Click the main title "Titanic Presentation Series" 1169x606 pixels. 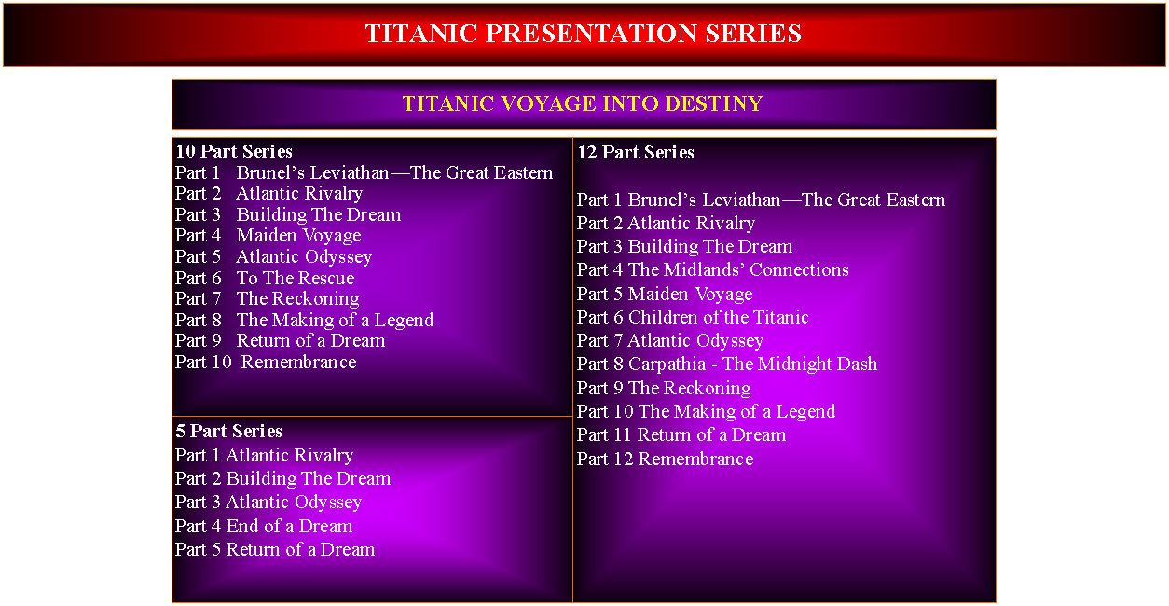[x=583, y=34]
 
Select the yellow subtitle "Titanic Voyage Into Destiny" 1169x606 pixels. [x=583, y=103]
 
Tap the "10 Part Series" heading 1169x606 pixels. [x=234, y=151]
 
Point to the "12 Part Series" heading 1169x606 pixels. [x=636, y=152]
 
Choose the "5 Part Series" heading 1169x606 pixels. [x=228, y=431]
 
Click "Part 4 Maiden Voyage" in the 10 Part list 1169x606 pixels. [x=268, y=235]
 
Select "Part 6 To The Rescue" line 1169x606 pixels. [x=265, y=278]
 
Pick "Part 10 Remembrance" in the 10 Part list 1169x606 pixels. [x=266, y=362]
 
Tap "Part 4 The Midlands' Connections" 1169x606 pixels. [x=713, y=269]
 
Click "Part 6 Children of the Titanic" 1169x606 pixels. [x=693, y=317]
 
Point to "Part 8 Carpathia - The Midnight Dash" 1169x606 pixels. [x=727, y=364]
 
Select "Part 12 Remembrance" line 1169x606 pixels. [x=665, y=459]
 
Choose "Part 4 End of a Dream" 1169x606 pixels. [x=264, y=526]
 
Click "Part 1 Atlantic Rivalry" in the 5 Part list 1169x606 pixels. [x=264, y=456]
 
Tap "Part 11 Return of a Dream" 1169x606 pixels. [x=681, y=434]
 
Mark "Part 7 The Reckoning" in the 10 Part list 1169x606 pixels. [x=268, y=298]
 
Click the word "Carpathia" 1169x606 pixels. [x=667, y=365]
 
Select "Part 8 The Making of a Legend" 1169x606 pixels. [x=304, y=320]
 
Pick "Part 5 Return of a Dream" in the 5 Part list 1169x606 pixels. [x=274, y=549]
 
